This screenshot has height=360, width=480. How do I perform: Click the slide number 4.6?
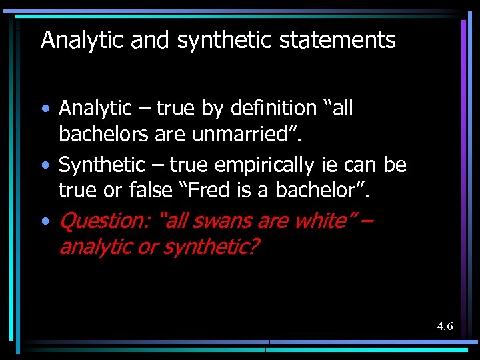[445, 327]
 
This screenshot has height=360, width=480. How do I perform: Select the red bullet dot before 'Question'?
[45, 221]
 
